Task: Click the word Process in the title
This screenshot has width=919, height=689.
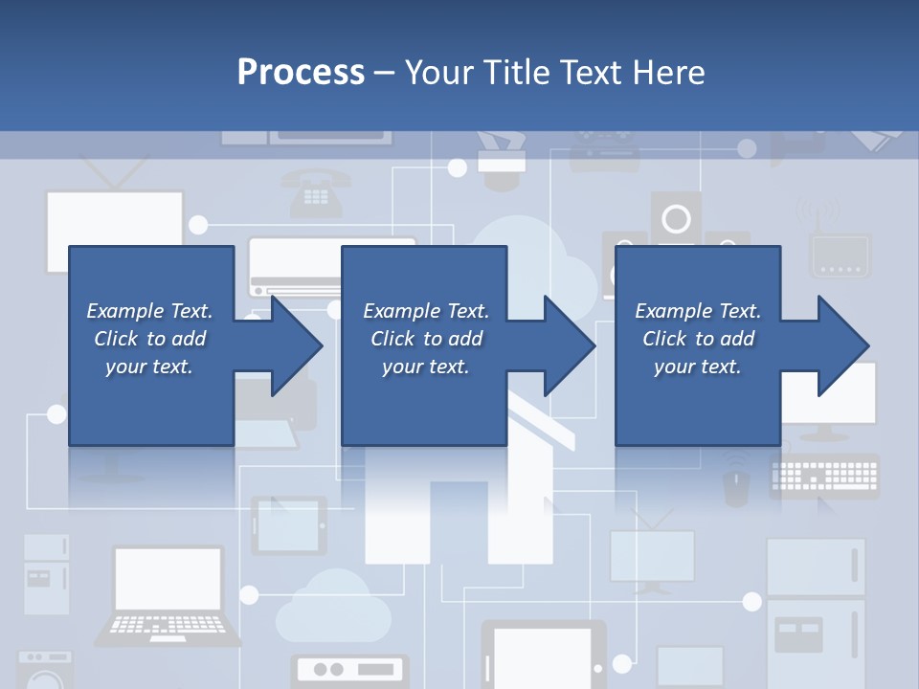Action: (301, 72)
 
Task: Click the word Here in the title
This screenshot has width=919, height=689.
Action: (669, 72)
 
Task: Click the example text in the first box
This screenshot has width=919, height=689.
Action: (149, 339)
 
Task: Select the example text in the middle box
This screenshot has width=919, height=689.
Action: (426, 339)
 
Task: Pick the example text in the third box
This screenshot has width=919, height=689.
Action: (698, 339)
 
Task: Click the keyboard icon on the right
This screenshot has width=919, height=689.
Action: (823, 476)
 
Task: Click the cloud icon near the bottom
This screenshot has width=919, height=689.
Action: (329, 599)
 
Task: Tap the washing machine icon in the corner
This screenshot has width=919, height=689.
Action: (45, 670)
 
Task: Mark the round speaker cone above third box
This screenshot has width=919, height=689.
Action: (676, 218)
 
